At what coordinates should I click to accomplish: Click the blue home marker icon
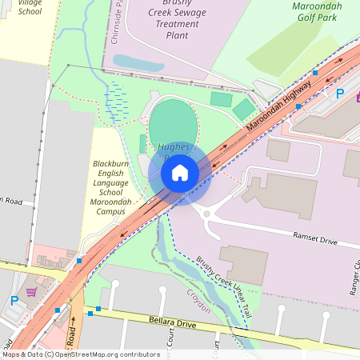click(x=179, y=172)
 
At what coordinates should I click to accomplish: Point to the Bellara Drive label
click(x=172, y=323)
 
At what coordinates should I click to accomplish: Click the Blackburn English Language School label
click(x=110, y=188)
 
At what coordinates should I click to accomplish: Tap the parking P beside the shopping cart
click(x=14, y=302)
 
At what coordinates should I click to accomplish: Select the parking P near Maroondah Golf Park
click(x=339, y=94)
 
